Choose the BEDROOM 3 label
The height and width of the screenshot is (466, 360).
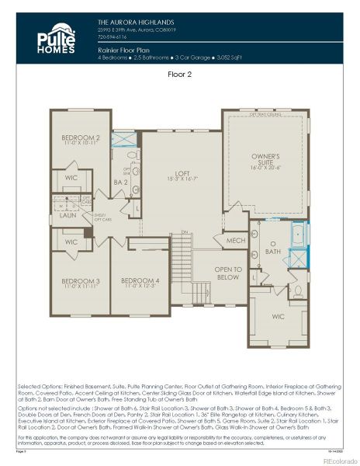(81, 282)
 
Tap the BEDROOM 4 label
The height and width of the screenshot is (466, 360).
(140, 282)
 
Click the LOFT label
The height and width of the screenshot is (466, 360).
(182, 176)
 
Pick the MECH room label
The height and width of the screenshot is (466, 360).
(235, 240)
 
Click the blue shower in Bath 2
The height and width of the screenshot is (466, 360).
(123, 141)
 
